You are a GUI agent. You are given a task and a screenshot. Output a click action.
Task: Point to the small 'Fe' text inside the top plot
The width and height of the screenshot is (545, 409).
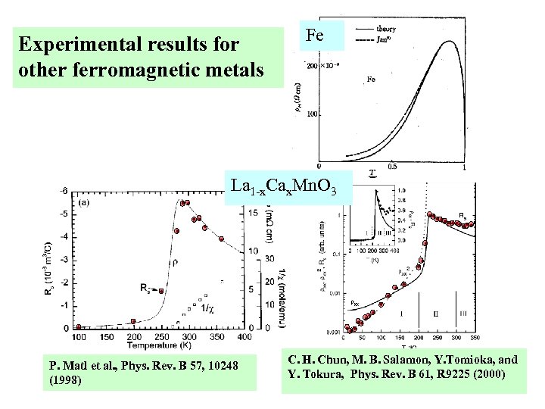(372, 79)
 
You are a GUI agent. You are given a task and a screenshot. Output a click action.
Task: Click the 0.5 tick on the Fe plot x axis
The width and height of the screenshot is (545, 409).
(392, 167)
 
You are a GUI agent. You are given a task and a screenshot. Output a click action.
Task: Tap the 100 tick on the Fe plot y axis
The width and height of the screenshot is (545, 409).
(310, 115)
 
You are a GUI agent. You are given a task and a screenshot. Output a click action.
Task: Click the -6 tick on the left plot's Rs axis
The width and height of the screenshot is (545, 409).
(66, 191)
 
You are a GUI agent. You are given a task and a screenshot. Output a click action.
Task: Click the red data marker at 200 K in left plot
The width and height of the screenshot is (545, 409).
(134, 322)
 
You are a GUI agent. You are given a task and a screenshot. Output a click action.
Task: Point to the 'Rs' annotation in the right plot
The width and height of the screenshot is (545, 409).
(463, 216)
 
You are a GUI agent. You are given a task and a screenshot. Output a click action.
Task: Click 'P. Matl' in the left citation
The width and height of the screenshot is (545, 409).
(73, 366)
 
